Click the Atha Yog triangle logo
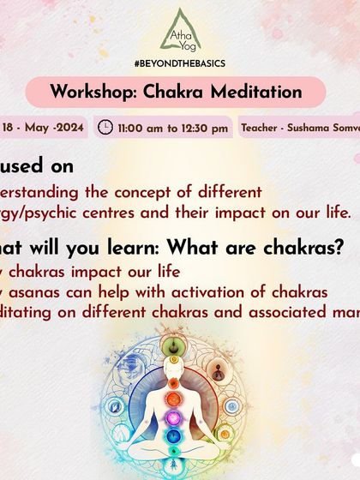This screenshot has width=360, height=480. pos(180,30)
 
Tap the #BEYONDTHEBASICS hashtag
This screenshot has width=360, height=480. pos(180,66)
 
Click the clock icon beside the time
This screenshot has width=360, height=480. pos(106,128)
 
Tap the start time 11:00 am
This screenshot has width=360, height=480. pos(143,129)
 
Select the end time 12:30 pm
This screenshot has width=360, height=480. pos(206,129)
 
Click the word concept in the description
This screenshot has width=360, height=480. pos(151,192)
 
